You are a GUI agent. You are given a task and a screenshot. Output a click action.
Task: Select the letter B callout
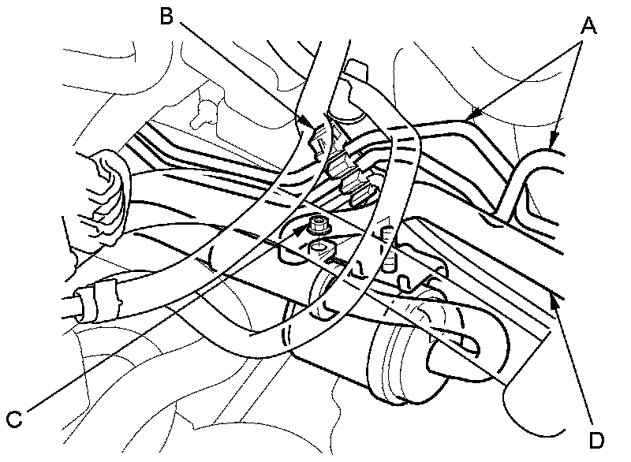(x=166, y=16)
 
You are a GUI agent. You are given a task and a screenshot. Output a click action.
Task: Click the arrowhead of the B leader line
(x=315, y=125)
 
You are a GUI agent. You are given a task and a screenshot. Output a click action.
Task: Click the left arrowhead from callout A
(x=469, y=118)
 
